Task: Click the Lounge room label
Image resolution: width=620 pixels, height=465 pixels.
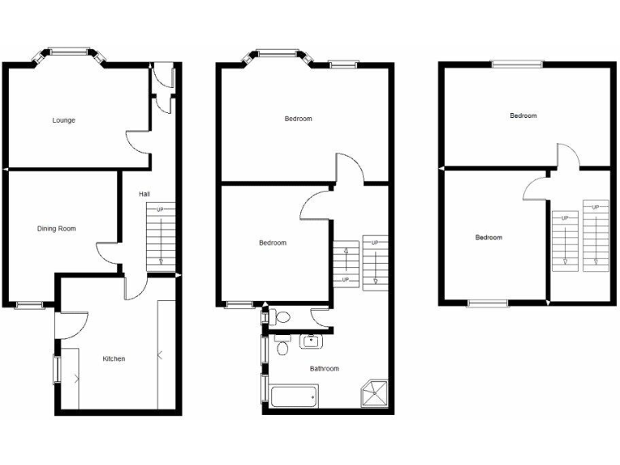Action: (x=64, y=120)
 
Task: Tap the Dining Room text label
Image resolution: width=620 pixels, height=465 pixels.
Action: (x=57, y=228)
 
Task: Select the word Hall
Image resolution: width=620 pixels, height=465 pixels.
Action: (x=144, y=194)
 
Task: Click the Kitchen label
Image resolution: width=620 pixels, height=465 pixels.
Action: (x=113, y=358)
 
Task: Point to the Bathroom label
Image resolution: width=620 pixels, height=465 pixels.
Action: (x=325, y=369)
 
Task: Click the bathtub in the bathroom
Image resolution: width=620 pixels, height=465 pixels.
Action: (x=294, y=397)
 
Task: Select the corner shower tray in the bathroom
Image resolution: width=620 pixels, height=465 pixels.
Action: (x=375, y=394)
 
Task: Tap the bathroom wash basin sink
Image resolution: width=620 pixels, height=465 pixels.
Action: (x=312, y=341)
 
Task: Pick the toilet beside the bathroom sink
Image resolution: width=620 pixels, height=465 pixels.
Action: (x=282, y=348)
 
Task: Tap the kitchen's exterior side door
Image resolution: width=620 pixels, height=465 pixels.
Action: (x=71, y=325)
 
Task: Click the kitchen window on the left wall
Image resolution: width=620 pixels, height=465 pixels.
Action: (x=57, y=370)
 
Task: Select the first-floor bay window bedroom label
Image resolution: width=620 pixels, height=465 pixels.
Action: (x=298, y=119)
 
